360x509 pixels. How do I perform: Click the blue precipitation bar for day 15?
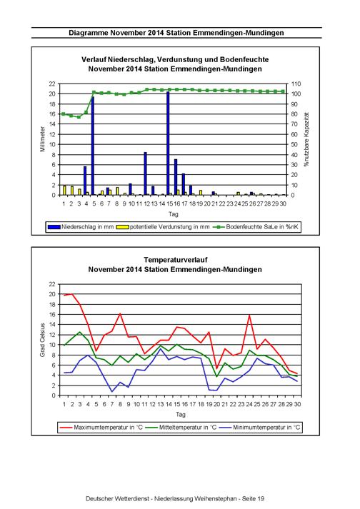tap(168, 143)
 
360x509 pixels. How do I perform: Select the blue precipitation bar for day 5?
tap(93, 146)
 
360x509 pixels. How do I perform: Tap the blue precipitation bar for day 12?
tap(145, 173)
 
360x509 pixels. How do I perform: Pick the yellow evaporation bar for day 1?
tap(64, 190)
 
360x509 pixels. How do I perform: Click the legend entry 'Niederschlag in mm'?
tap(81, 227)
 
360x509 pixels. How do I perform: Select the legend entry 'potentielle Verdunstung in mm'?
tap(163, 227)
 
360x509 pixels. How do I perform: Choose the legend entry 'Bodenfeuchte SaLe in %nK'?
tap(256, 227)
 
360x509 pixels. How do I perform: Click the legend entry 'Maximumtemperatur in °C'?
tap(101, 427)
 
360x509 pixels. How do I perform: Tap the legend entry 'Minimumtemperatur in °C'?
tap(260, 427)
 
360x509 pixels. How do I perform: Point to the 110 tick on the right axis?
tap(296, 84)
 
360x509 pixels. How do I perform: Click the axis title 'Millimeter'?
tap(42, 139)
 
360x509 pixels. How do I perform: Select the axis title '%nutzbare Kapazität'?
tap(306, 139)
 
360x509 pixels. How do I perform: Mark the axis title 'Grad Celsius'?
tap(42, 340)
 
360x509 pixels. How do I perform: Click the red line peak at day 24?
tap(249, 315)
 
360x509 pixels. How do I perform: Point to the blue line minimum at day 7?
tap(112, 391)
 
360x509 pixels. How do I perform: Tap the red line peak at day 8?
tap(120, 313)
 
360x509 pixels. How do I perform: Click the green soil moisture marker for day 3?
tap(79, 117)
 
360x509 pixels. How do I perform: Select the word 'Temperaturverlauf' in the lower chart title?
tap(176, 260)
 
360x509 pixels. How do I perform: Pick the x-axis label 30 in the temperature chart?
tap(297, 404)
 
